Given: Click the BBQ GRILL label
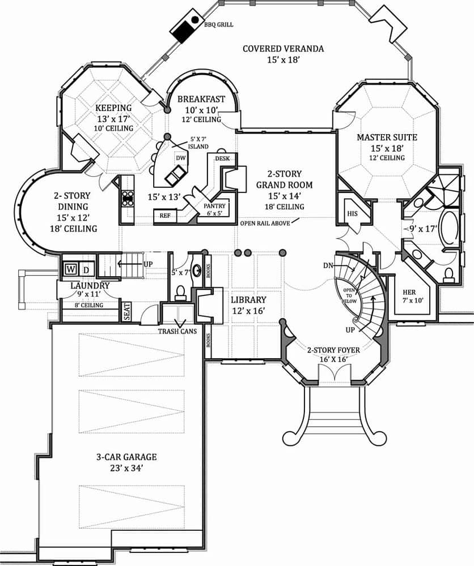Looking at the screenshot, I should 219,25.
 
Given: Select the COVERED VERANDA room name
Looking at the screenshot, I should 283,49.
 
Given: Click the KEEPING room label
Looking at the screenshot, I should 113,108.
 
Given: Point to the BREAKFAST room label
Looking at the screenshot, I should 201,99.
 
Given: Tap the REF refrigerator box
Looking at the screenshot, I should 165,216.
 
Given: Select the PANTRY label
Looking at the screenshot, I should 215,206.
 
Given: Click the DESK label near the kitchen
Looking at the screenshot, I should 222,159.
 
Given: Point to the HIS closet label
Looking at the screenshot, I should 352,213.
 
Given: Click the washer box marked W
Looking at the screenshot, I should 71,268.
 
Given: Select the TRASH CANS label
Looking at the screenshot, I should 177,331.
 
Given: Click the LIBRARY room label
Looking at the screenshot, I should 248,299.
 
